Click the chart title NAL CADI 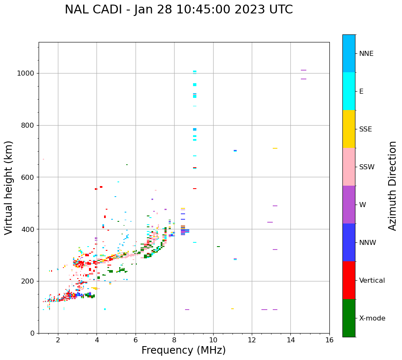point(179,10)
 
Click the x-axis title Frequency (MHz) point(183,350)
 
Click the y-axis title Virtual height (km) point(9,187)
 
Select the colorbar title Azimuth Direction point(392,185)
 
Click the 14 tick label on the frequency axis point(290,339)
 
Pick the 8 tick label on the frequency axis point(174,339)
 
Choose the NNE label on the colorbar point(366,54)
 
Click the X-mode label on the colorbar point(372,318)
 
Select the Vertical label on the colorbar point(372,281)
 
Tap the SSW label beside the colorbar point(366,167)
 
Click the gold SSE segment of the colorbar point(349,129)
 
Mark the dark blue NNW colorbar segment point(349,242)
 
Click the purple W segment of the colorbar point(349,205)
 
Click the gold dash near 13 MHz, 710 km point(275,148)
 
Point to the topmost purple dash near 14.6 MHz point(303,70)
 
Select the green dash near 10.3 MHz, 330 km point(218,247)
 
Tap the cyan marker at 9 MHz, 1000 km point(195,72)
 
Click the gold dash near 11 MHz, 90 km point(232,309)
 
